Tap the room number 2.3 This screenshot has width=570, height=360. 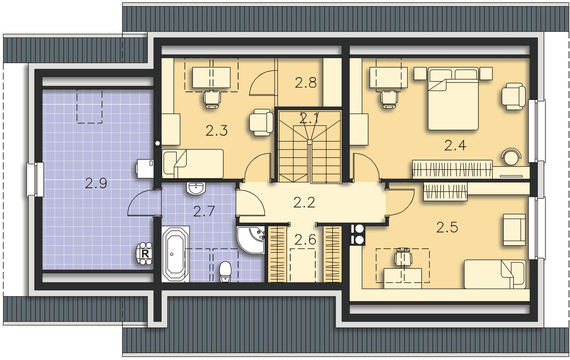[216, 130]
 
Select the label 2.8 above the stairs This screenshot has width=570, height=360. [305, 83]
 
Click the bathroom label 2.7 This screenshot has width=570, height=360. [204, 210]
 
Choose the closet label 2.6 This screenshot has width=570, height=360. [305, 239]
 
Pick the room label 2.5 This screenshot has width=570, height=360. [447, 227]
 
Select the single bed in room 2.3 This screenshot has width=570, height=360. [193, 164]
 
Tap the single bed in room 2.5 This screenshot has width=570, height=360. [494, 274]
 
